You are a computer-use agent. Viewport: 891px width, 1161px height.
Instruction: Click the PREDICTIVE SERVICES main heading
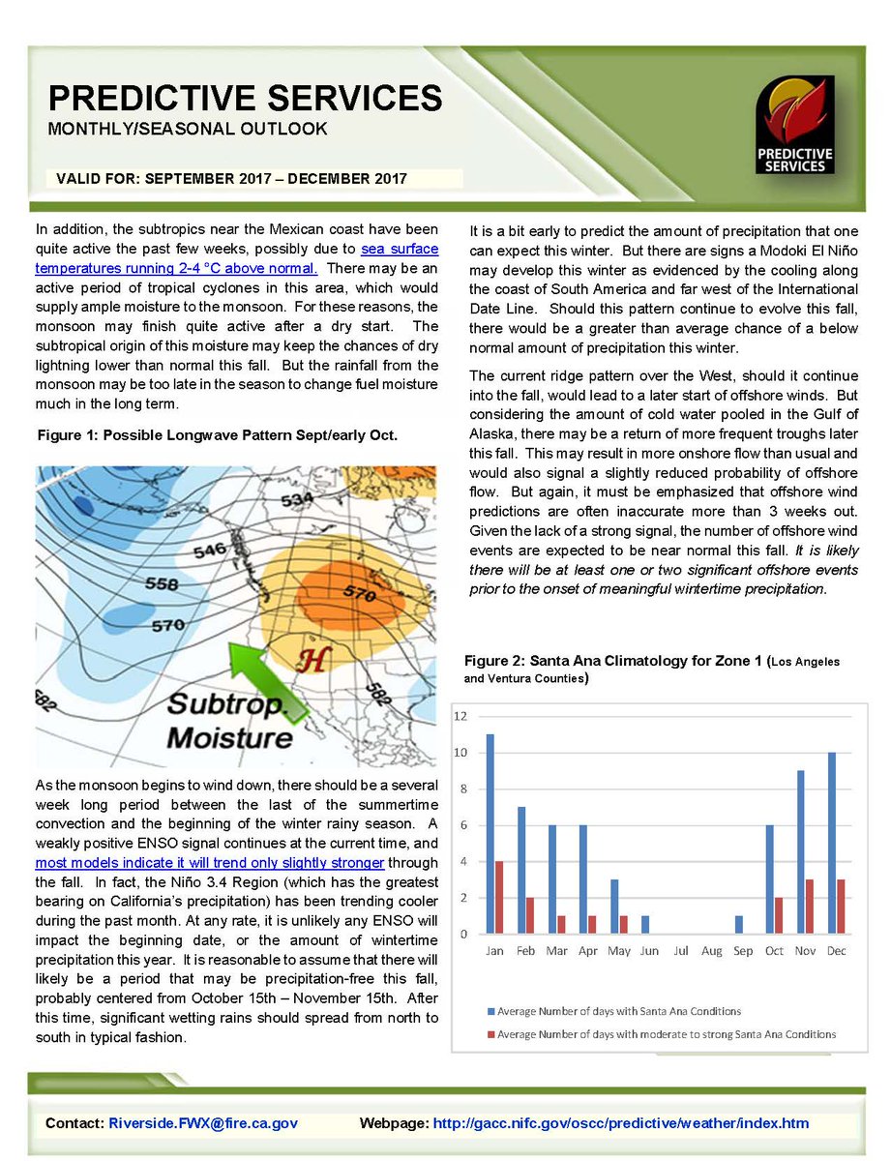click(245, 98)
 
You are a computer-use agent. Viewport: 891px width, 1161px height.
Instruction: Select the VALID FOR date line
click(232, 179)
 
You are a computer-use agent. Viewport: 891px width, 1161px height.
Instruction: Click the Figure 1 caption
click(217, 436)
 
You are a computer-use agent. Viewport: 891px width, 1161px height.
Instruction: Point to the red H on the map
click(311, 661)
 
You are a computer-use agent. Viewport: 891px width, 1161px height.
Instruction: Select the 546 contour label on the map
click(210, 551)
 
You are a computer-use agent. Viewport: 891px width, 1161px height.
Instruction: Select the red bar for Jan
click(500, 897)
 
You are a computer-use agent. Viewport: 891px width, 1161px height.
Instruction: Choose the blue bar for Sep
click(738, 925)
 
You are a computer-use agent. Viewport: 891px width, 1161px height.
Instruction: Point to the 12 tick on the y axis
click(461, 716)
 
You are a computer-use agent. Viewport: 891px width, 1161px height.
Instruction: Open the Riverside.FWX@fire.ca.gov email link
click(203, 1123)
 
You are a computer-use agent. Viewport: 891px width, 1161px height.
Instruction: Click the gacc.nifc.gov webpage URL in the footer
click(621, 1123)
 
